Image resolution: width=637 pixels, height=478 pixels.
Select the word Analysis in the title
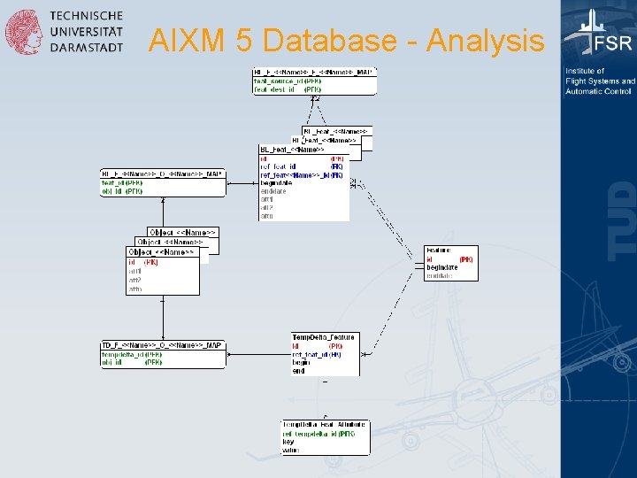[485, 41]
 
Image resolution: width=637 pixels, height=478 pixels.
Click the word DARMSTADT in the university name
[87, 48]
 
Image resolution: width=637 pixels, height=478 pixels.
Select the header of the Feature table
[438, 251]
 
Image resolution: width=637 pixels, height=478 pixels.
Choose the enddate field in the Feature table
[441, 275]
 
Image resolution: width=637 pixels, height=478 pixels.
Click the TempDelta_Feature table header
[323, 337]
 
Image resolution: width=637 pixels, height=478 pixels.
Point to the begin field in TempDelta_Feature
[301, 363]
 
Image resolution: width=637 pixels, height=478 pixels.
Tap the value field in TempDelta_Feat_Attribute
[290, 450]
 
